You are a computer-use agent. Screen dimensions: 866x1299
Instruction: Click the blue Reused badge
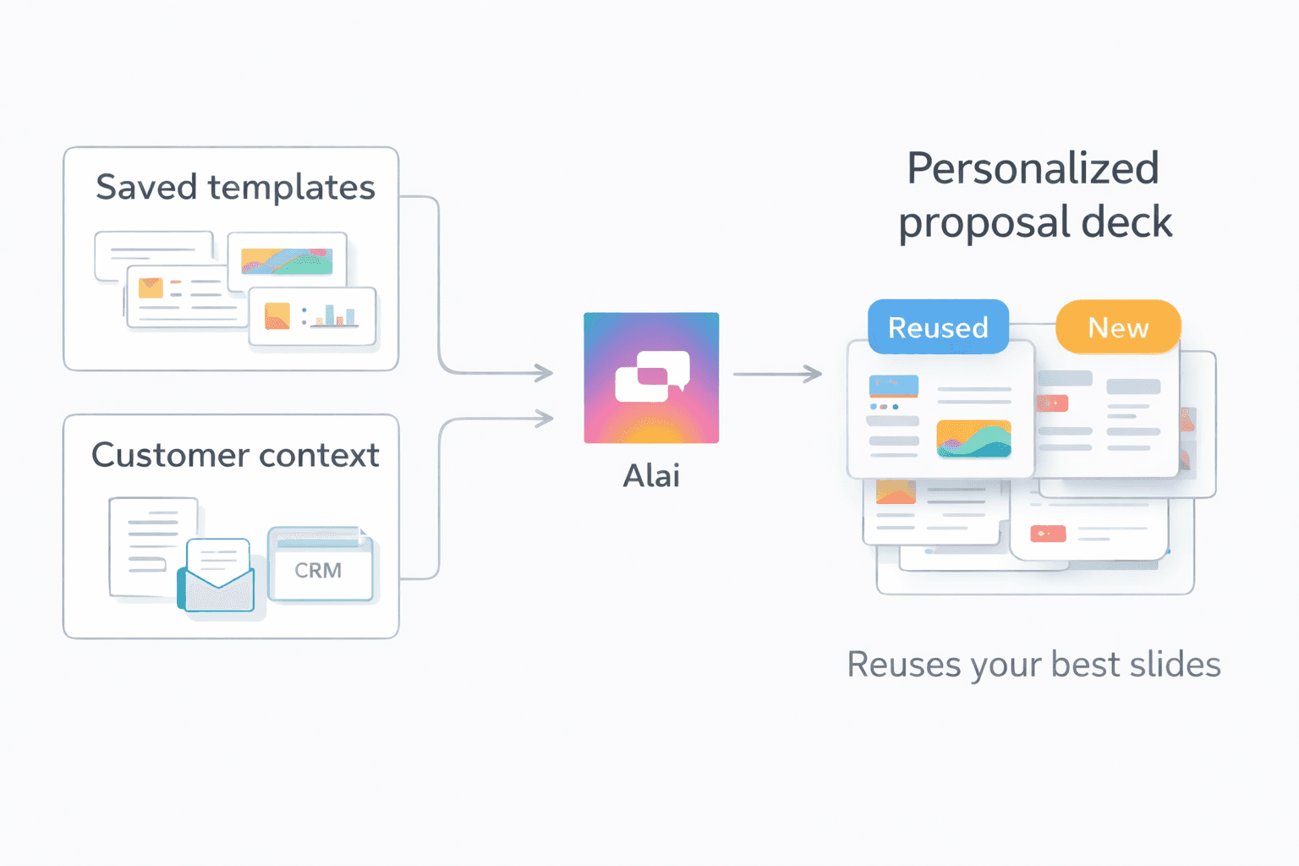[938, 326]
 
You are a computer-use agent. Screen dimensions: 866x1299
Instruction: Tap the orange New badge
[1118, 326]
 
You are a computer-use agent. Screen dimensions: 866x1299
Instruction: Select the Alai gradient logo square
[651, 377]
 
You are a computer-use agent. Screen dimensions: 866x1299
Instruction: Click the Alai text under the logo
[651, 475]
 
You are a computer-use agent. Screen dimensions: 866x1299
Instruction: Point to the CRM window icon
[321, 565]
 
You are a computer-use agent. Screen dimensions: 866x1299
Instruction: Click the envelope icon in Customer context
[217, 577]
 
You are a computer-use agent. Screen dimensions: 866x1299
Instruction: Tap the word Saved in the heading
[145, 187]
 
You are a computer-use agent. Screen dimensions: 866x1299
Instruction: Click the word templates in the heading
[292, 188]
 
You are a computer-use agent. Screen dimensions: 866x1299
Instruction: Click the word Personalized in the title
[1033, 167]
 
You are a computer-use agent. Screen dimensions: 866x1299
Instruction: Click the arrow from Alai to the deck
[777, 373]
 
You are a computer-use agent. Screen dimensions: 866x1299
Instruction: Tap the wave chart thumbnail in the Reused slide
[973, 439]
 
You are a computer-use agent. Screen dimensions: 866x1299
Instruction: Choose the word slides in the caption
[1179, 664]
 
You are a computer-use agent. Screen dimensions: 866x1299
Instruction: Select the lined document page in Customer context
[151, 541]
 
